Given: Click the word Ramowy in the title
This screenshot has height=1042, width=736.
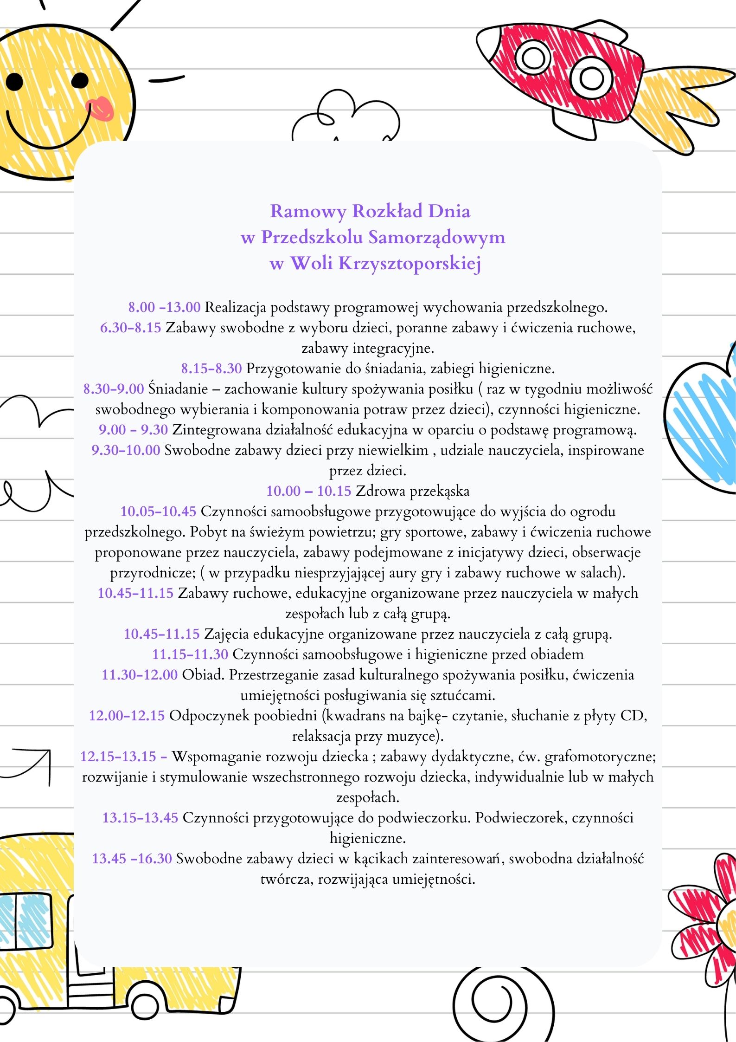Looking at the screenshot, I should click(308, 212).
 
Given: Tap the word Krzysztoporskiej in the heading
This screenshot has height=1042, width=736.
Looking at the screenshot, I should click(410, 264).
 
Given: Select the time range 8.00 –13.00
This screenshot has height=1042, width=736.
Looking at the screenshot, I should click(164, 307).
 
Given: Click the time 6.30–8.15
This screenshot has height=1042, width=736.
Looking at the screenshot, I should click(130, 328).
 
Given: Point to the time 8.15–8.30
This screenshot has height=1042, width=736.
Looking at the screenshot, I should click(211, 369).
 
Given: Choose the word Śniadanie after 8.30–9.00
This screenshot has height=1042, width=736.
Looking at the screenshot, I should click(178, 389).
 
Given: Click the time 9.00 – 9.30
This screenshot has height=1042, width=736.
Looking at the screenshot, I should click(133, 430).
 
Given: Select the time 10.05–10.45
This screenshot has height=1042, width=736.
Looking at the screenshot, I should click(158, 511).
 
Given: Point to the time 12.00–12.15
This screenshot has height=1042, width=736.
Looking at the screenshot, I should click(127, 716).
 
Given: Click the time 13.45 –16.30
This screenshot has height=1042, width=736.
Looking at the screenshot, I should click(132, 859).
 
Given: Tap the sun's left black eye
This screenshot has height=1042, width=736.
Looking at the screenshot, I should click(14, 82).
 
